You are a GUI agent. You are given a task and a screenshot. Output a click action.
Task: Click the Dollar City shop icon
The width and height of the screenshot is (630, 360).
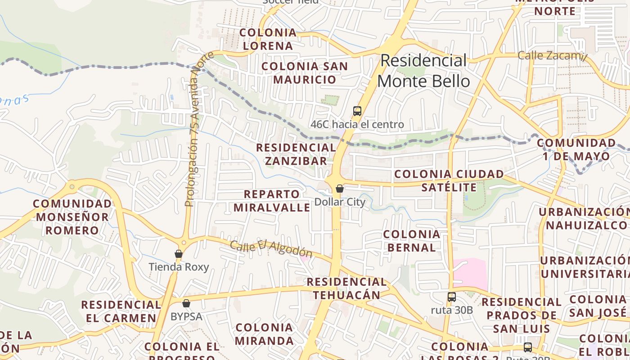click(340, 189)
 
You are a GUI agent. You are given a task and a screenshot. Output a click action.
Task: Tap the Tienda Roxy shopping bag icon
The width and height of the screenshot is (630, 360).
click(179, 254)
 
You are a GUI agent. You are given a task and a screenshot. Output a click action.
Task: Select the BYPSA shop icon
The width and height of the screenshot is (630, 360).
click(186, 303)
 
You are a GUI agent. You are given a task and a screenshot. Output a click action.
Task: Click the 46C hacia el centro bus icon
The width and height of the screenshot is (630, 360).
click(357, 111)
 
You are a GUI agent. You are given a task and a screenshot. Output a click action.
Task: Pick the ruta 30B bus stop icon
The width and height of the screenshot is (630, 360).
click(452, 297)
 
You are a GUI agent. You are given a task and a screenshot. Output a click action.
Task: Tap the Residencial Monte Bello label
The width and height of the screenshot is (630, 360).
click(423, 71)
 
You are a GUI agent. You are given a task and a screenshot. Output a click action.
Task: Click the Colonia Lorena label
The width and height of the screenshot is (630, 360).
click(268, 39)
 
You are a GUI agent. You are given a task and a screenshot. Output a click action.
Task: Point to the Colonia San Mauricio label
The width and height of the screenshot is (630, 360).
click(305, 73)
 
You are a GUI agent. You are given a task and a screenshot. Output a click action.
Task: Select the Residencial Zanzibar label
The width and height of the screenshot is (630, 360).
click(296, 154)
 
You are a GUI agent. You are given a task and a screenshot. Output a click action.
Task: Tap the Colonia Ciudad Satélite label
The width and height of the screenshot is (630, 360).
click(449, 180)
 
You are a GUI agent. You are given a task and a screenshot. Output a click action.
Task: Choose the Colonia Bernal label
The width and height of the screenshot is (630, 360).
click(411, 241)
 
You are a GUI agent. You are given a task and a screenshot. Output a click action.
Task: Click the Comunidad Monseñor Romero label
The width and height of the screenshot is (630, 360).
click(72, 217)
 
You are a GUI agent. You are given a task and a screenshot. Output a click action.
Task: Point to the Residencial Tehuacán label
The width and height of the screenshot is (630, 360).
click(347, 288)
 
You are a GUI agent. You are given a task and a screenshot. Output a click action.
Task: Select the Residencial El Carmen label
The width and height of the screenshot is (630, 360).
click(121, 311)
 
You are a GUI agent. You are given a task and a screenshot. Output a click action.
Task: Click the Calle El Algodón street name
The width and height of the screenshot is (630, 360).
click(271, 249)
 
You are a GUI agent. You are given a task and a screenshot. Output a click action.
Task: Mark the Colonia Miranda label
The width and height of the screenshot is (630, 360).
click(264, 334)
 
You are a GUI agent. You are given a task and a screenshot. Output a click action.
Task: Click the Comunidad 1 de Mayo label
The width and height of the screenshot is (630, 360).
click(576, 150)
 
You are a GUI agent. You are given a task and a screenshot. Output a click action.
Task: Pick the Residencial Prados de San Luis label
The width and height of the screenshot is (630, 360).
click(522, 315)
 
